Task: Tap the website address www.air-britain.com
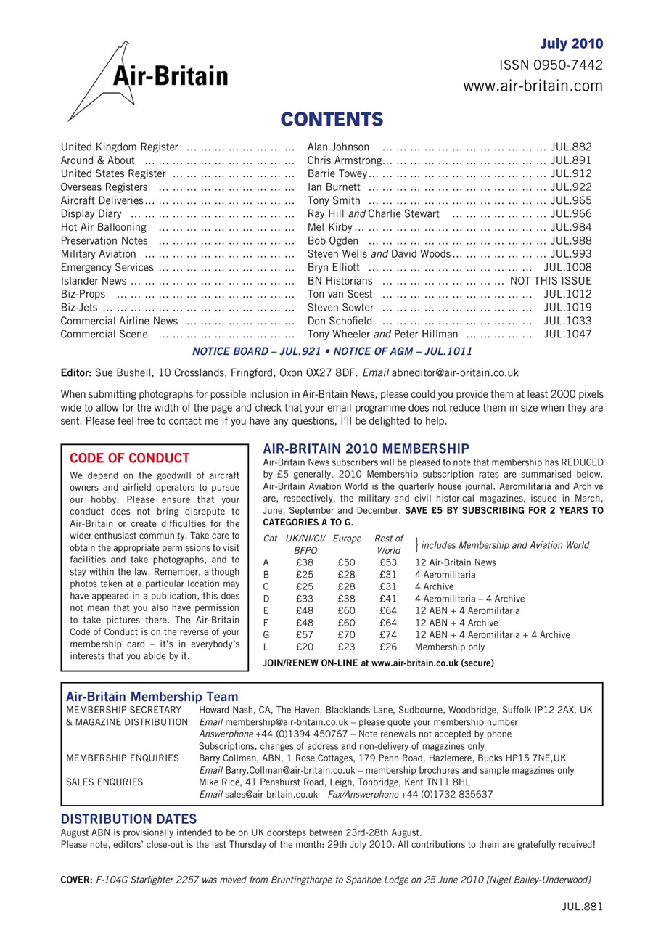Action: click(533, 87)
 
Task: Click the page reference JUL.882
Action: click(571, 147)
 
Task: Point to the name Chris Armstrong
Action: click(345, 160)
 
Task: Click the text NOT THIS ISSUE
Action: click(551, 281)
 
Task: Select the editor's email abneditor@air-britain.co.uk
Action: click(455, 373)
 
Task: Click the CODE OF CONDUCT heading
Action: click(129, 458)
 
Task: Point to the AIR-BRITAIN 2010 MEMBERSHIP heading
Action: click(366, 449)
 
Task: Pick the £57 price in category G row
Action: click(305, 634)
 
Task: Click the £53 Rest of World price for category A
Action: click(388, 562)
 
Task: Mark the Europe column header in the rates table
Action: click(346, 539)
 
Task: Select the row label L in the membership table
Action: click(266, 647)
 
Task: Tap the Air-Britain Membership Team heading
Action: click(152, 697)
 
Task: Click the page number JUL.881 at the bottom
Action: click(582, 906)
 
